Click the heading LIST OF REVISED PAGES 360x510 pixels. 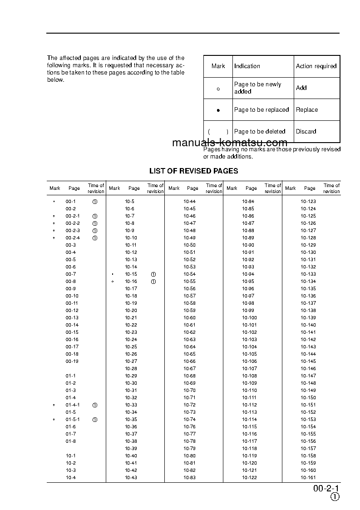[194, 171]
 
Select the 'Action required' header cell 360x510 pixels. [316, 66]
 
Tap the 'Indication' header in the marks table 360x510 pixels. [247, 66]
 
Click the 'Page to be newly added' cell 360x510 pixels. [257, 88]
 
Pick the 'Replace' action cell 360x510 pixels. [307, 110]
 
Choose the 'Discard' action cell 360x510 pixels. [306, 132]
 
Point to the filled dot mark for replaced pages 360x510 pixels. [218, 110]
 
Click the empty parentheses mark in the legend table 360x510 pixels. [218, 132]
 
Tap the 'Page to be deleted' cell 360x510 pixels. [260, 132]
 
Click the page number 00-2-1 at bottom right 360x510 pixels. [326, 489]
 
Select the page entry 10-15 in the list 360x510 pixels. [131, 274]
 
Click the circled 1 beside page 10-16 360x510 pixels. [153, 282]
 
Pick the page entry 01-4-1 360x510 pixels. [73, 405]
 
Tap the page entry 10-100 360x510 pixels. [249, 318]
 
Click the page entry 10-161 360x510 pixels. [308, 478]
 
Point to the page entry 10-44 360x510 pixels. [190, 202]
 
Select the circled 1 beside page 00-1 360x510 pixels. [95, 202]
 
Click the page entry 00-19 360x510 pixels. [72, 361]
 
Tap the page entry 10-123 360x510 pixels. [308, 202]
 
